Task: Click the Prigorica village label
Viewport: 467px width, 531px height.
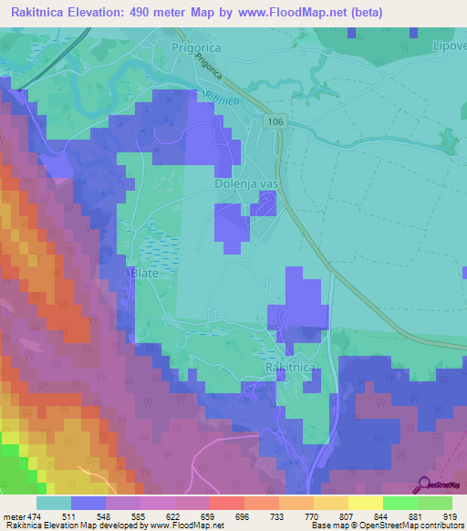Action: [x=198, y=47]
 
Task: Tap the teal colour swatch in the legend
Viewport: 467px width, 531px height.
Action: [x=54, y=502]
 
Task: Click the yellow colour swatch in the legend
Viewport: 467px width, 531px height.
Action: [x=365, y=502]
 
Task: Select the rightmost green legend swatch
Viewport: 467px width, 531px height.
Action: [x=434, y=502]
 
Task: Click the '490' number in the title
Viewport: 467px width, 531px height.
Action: [x=145, y=13]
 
